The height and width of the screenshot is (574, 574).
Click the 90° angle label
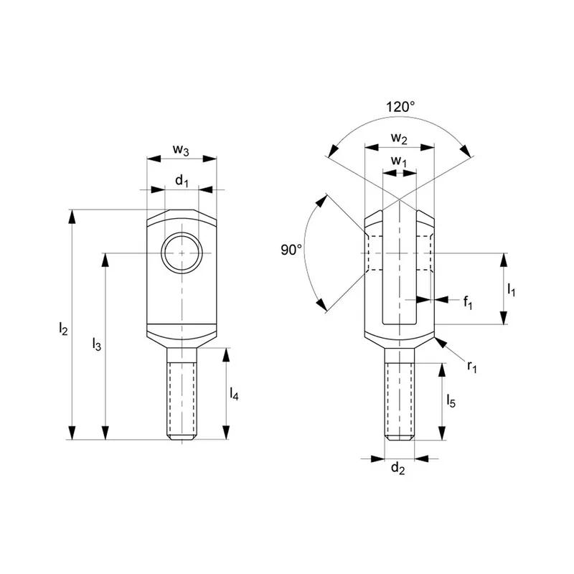pos(291,250)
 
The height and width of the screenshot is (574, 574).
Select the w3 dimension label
pos(181,150)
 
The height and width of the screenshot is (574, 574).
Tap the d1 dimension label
pos(182,181)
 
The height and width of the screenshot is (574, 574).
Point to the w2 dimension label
pos(399,138)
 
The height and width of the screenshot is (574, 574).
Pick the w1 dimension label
pos(398,162)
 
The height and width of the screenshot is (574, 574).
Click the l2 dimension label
pos(63,329)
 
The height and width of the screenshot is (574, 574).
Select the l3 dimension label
pos(97,345)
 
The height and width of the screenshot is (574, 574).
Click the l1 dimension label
pos(511,289)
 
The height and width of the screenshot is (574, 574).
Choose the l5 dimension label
pos(451,400)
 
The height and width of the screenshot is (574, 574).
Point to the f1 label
pos(467,302)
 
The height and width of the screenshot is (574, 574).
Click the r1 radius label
pos(471,367)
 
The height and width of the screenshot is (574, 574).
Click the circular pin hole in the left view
pos(182,254)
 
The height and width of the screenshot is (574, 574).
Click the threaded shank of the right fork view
pos(399,395)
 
